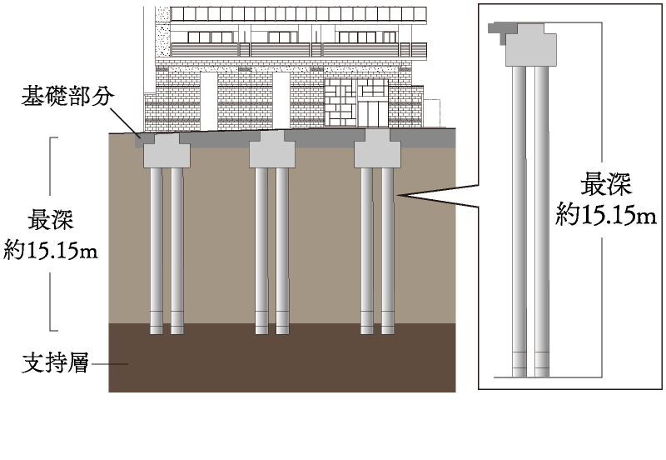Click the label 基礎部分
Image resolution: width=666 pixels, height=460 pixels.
[68, 96]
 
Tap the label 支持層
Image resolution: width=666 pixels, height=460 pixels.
[55, 363]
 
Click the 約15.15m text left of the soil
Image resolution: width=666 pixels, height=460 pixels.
[51, 250]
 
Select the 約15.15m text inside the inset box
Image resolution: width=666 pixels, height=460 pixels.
[606, 215]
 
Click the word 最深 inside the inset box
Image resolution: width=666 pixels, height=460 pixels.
[606, 184]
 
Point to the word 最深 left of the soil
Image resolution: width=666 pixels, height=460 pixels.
[51, 219]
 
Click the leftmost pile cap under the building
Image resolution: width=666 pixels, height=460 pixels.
[166, 149]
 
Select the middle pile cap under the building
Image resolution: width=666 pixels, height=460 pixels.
[272, 149]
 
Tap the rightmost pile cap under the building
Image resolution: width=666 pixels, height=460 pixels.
[378, 149]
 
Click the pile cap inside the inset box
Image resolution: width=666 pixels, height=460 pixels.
[531, 45]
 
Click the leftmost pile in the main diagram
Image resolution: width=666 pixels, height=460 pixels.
[157, 251]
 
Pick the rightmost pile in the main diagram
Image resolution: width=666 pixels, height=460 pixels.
[388, 251]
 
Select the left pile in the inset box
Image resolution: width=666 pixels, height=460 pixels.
[519, 222]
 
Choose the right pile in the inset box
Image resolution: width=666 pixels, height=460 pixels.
[542, 222]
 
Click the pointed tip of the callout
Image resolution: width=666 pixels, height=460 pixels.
[397, 196]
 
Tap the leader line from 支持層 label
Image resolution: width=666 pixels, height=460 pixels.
[109, 364]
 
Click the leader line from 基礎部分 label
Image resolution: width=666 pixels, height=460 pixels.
[126, 122]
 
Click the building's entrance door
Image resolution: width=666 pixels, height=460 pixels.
[372, 112]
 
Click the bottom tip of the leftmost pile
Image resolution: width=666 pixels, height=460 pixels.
[157, 334]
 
